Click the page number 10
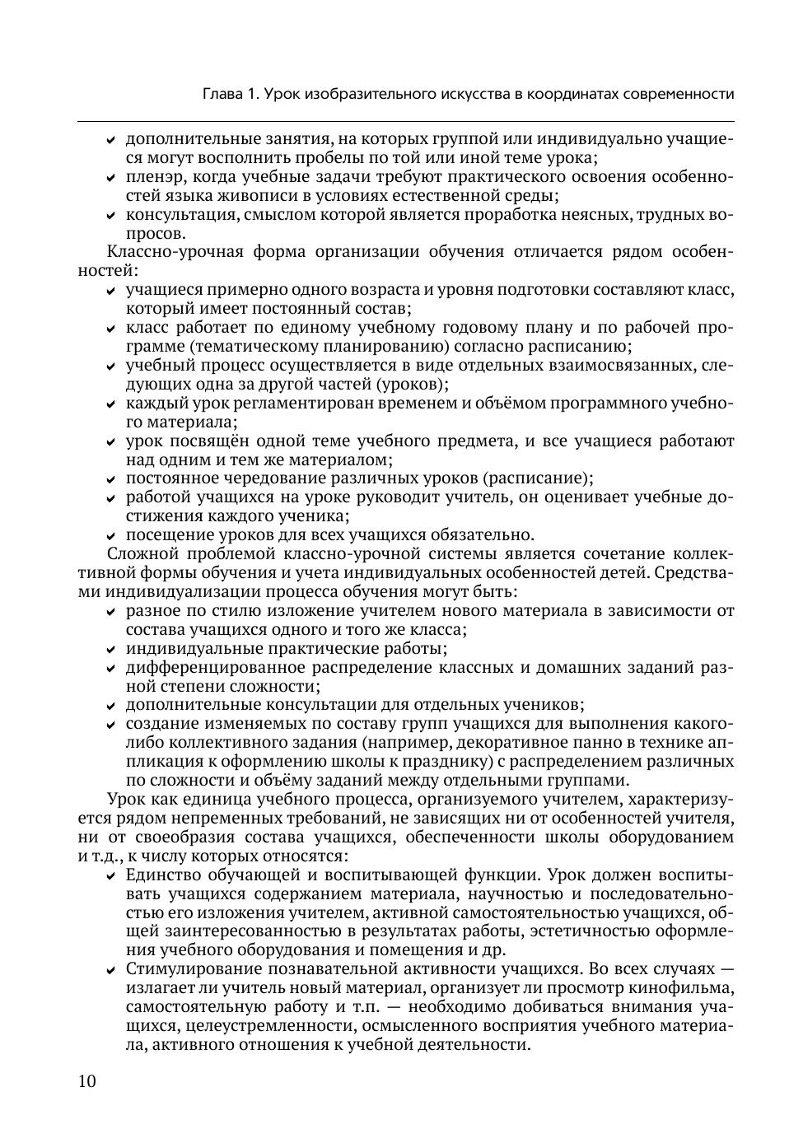(x=87, y=1081)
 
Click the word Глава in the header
(x=222, y=94)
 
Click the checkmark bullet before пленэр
(x=111, y=178)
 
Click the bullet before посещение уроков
(x=111, y=536)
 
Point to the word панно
(x=595, y=743)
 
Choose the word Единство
(x=167, y=875)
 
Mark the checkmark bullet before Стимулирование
(x=111, y=970)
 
